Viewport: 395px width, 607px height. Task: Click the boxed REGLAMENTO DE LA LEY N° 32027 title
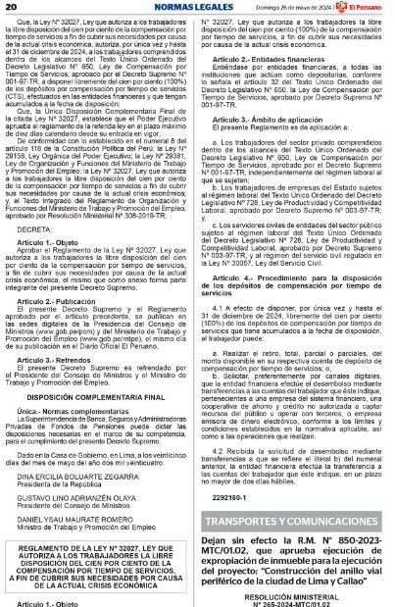coord(99,566)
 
